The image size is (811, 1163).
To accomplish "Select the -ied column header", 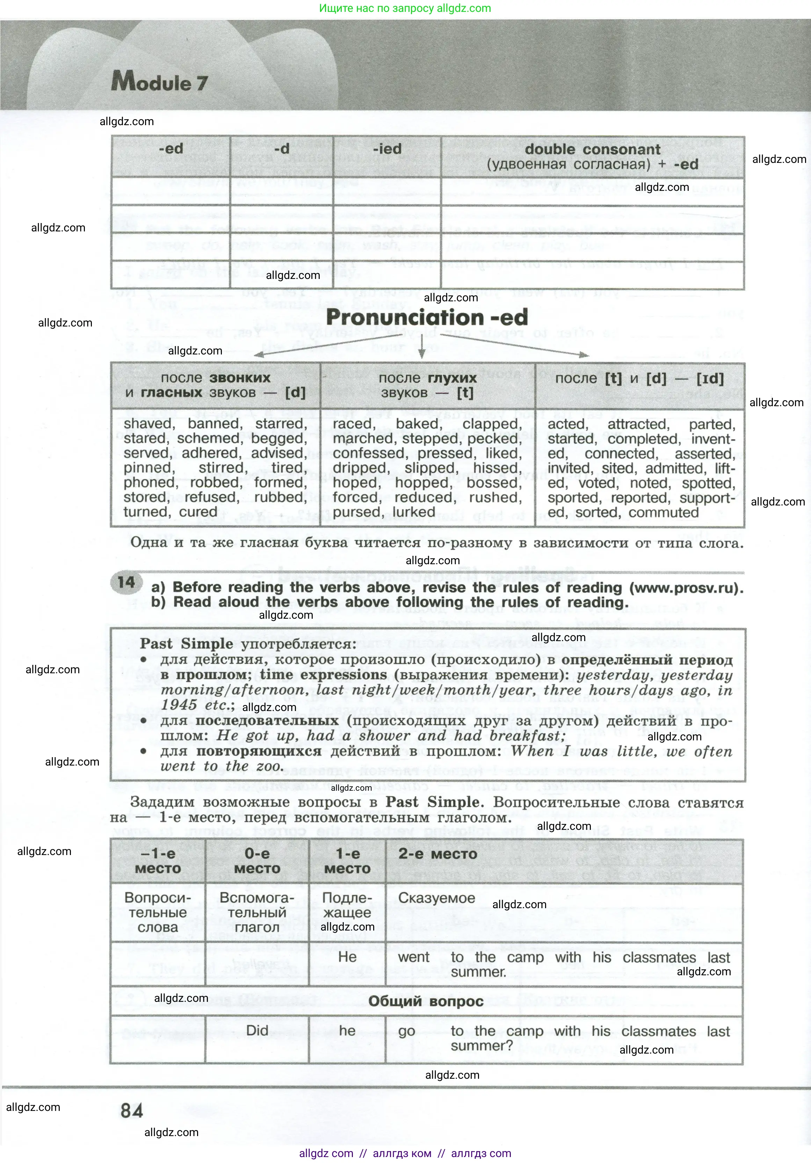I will click(387, 149).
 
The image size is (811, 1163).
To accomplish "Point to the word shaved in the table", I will click(148, 423).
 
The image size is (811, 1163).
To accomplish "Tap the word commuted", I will click(664, 512).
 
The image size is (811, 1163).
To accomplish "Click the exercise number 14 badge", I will click(126, 582).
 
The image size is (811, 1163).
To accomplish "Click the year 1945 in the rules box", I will click(180, 705).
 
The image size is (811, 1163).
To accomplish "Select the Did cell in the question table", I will click(257, 1030).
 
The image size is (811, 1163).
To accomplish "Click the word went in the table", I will click(414, 957).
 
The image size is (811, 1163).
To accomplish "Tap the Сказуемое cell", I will click(436, 898).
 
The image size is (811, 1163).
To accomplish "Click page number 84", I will click(132, 1111).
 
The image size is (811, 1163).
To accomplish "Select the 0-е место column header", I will click(257, 861).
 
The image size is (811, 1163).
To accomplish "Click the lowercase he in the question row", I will click(347, 1030).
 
